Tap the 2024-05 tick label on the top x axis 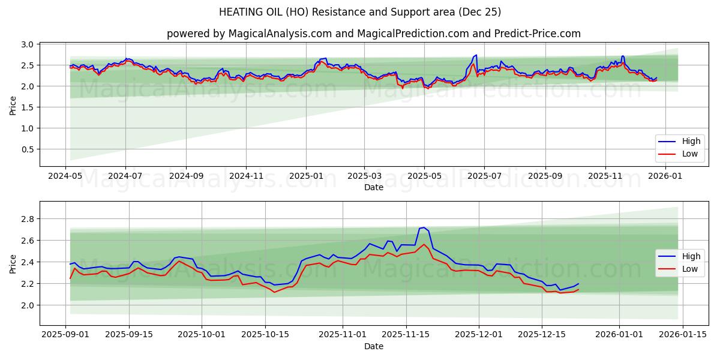[65, 176]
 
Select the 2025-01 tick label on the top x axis [306, 176]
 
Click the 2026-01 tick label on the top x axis [665, 176]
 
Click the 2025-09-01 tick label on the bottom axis [65, 335]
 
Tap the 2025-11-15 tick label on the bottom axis [406, 335]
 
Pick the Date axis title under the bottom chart [373, 346]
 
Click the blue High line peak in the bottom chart [424, 228]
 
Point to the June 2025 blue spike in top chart [476, 55]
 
